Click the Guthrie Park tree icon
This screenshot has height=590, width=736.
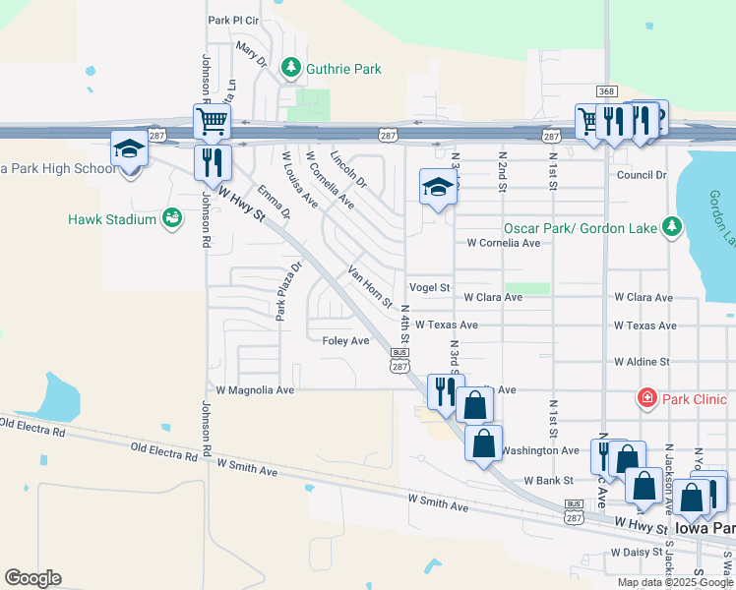290,67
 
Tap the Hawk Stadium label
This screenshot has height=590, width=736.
111,218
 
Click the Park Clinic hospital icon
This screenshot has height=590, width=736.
647,399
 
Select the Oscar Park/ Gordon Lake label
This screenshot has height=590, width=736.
581,227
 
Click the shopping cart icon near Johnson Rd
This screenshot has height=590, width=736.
212,123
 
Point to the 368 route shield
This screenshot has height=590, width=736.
606,91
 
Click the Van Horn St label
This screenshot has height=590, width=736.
370,284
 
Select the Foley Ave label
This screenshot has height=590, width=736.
345,340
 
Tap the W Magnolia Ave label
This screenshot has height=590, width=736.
255,389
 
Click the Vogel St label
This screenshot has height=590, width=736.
429,288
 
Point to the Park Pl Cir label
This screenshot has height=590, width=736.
232,20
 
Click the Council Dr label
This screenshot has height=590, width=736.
642,175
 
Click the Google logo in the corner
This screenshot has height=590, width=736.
32,577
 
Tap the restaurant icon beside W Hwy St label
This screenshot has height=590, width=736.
213,164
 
